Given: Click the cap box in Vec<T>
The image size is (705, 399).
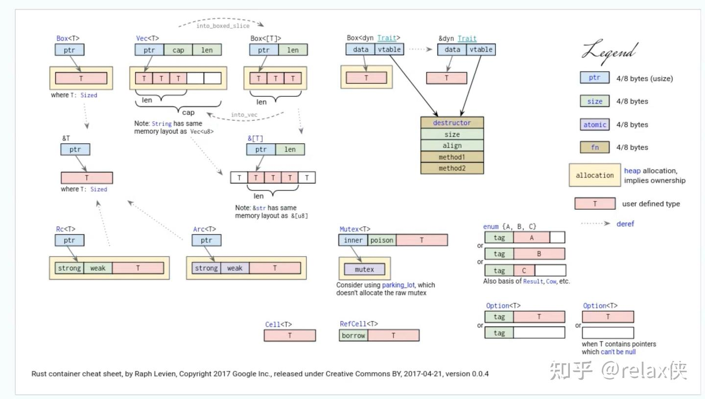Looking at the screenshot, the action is pyautogui.click(x=178, y=50).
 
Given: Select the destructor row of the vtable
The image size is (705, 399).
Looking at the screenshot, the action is pyautogui.click(x=452, y=123).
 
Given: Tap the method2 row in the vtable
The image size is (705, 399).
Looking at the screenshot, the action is pyautogui.click(x=452, y=168).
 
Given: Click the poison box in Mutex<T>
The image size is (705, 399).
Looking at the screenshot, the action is pyautogui.click(x=382, y=240).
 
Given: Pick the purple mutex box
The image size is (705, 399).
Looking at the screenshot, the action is pyautogui.click(x=364, y=269).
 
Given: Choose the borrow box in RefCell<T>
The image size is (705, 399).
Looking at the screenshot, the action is pyautogui.click(x=353, y=335).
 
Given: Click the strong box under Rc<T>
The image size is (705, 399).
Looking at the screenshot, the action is pyautogui.click(x=69, y=268).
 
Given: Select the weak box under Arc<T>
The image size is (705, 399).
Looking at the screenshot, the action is pyautogui.click(x=235, y=268).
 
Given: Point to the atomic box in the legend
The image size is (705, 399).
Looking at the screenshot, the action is pyautogui.click(x=594, y=125).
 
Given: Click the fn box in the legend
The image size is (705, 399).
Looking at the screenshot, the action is pyautogui.click(x=594, y=147).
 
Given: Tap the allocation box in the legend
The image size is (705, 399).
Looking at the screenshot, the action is pyautogui.click(x=594, y=175).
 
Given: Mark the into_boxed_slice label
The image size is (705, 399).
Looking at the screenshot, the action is pyautogui.click(x=223, y=26).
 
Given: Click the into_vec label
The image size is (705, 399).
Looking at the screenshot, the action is pyautogui.click(x=244, y=115).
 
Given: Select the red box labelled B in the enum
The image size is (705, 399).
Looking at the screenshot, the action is pyautogui.click(x=539, y=254).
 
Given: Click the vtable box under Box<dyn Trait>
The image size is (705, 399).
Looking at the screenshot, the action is pyautogui.click(x=389, y=49).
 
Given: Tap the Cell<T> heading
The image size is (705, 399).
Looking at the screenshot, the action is pyautogui.click(x=278, y=324).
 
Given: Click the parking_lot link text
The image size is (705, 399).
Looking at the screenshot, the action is pyautogui.click(x=398, y=285).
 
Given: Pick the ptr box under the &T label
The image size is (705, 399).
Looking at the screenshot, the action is pyautogui.click(x=75, y=149).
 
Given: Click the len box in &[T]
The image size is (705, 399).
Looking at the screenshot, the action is pyautogui.click(x=290, y=149).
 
